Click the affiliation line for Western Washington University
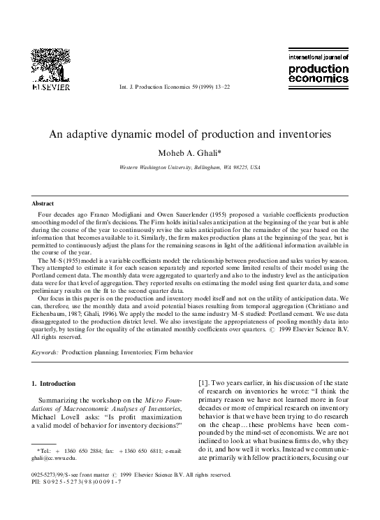click(190, 168)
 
